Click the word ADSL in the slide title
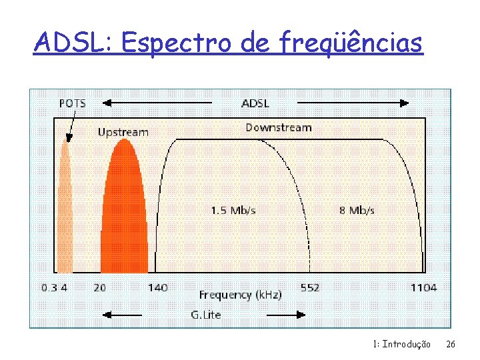[x=74, y=43]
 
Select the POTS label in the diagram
[x=72, y=103]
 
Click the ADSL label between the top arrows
[x=255, y=103]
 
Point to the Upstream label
[x=123, y=132]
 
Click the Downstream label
[x=278, y=127]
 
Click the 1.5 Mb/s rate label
[x=233, y=211]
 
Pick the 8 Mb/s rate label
[x=357, y=211]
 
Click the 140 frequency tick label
[x=157, y=287]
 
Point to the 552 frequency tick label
[x=309, y=287]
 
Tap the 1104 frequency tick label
[x=423, y=287]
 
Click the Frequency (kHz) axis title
[x=240, y=295]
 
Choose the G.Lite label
[x=206, y=315]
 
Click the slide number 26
[x=451, y=344]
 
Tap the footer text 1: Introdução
[x=401, y=344]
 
